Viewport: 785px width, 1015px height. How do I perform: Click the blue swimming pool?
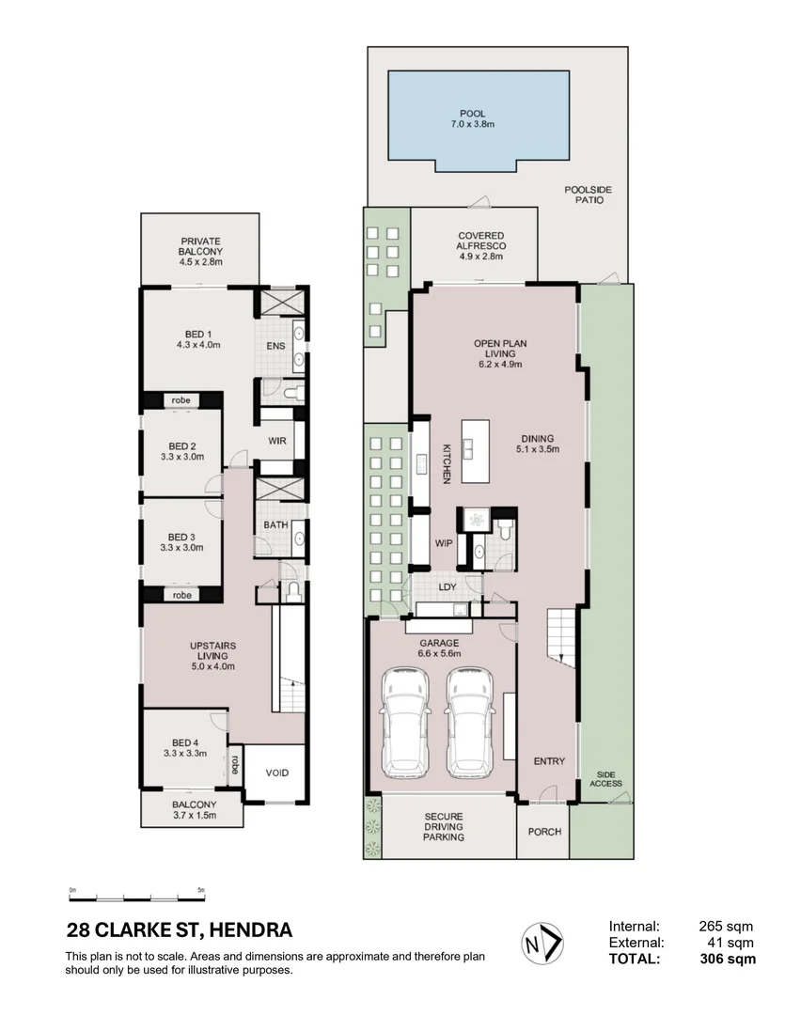point(478,120)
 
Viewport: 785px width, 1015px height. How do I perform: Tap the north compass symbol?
point(542,944)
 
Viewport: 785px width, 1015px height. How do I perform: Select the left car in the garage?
point(405,723)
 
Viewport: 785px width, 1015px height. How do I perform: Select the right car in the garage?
point(471,723)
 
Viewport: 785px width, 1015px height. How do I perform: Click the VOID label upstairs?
point(277,773)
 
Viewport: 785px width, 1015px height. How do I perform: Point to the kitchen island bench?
point(476,451)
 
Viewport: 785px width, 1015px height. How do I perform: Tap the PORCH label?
point(544,832)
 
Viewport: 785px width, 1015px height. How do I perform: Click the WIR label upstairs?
point(277,441)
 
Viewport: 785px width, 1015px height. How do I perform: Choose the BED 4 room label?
point(185,743)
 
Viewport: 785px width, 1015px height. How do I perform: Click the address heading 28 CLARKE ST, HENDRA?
point(180,930)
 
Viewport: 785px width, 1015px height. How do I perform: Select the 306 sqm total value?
point(728,959)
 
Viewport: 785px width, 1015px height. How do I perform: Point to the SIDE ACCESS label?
point(606,779)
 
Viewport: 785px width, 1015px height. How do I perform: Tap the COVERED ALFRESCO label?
point(481,241)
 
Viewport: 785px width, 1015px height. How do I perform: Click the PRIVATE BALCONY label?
point(201,246)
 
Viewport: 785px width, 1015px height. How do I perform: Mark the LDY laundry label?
point(447,587)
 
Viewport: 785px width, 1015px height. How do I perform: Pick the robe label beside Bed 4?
point(235,765)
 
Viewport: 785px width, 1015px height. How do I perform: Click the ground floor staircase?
point(561,638)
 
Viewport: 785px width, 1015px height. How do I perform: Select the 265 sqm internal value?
point(726,927)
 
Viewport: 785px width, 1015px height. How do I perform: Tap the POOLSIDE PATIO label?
point(589,195)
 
